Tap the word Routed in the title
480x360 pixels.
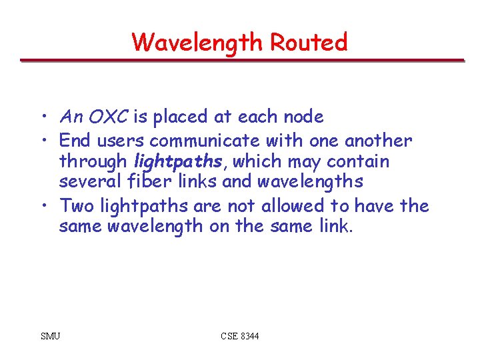pos(309,43)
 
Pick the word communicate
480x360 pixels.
pos(205,141)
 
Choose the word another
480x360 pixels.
pos(378,141)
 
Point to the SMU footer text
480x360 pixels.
pos(50,336)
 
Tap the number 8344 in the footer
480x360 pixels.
pos(249,336)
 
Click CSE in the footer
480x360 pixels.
pos(229,336)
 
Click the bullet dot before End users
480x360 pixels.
pos(42,141)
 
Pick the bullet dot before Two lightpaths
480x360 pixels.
pos(42,206)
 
